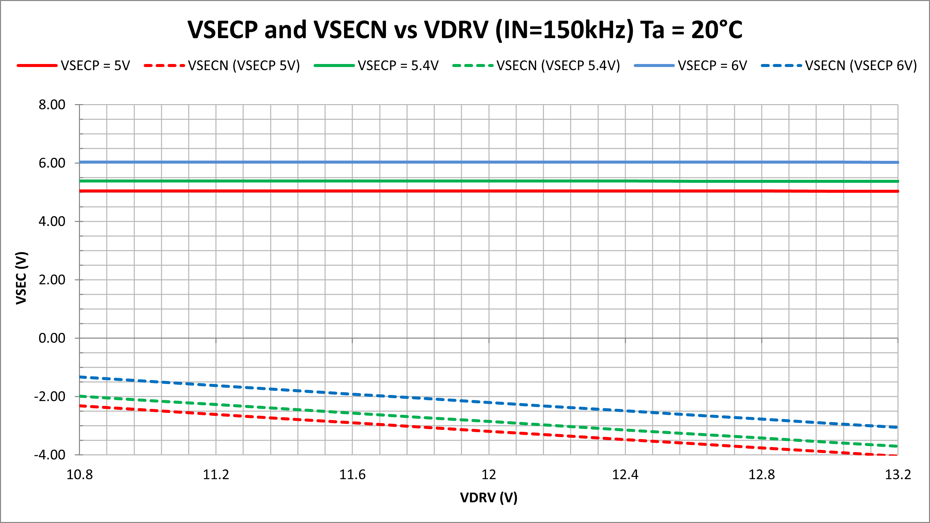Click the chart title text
465,30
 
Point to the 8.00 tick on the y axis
52,105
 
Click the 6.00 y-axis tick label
52,163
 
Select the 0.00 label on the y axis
52,338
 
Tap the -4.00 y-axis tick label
50,455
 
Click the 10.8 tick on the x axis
79,475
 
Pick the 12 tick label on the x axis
489,475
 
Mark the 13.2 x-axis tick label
897,475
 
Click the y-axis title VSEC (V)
21,278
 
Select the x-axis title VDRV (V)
488,498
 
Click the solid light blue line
469,162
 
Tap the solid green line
469,181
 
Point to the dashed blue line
489,402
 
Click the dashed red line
489,431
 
